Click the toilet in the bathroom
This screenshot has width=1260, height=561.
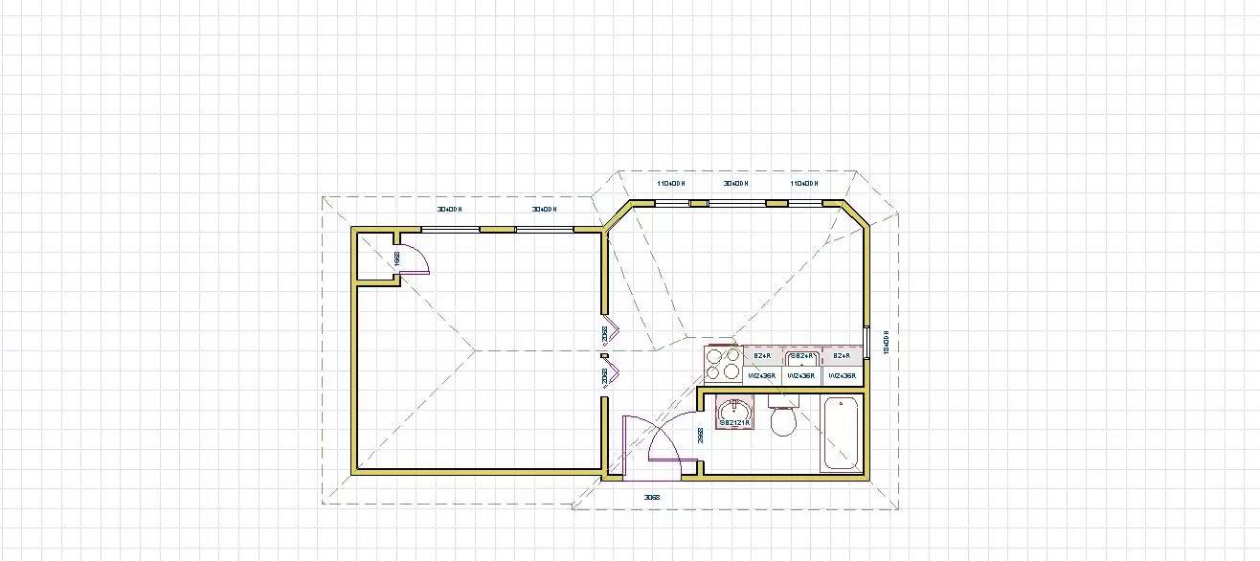point(783,421)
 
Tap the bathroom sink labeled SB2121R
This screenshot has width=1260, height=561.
point(734,415)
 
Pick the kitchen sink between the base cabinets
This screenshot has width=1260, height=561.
point(801,357)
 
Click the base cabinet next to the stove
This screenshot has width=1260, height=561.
point(762,356)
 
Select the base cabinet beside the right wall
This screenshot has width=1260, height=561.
point(842,356)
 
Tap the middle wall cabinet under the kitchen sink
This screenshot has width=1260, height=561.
point(801,376)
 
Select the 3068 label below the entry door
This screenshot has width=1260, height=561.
point(651,498)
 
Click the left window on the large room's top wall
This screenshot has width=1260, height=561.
point(450,230)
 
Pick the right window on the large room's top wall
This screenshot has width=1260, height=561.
point(544,230)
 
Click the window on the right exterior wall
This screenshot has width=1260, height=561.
point(866,342)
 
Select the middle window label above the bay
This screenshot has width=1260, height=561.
point(735,183)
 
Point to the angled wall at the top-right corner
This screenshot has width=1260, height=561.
point(855,215)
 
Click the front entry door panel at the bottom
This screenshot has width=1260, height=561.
point(624,448)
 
